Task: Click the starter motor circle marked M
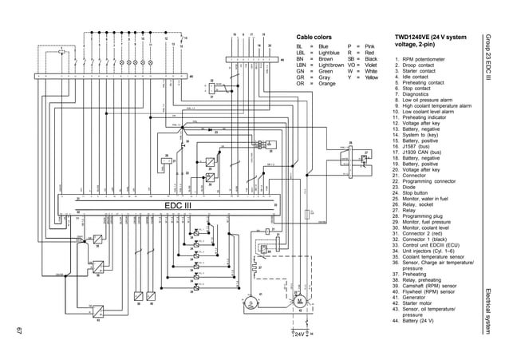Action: [x=300, y=301]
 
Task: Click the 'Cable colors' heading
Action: [x=314, y=38]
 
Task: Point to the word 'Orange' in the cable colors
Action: [x=327, y=83]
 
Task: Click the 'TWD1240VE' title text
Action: [x=415, y=38]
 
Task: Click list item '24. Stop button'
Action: [x=418, y=192]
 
